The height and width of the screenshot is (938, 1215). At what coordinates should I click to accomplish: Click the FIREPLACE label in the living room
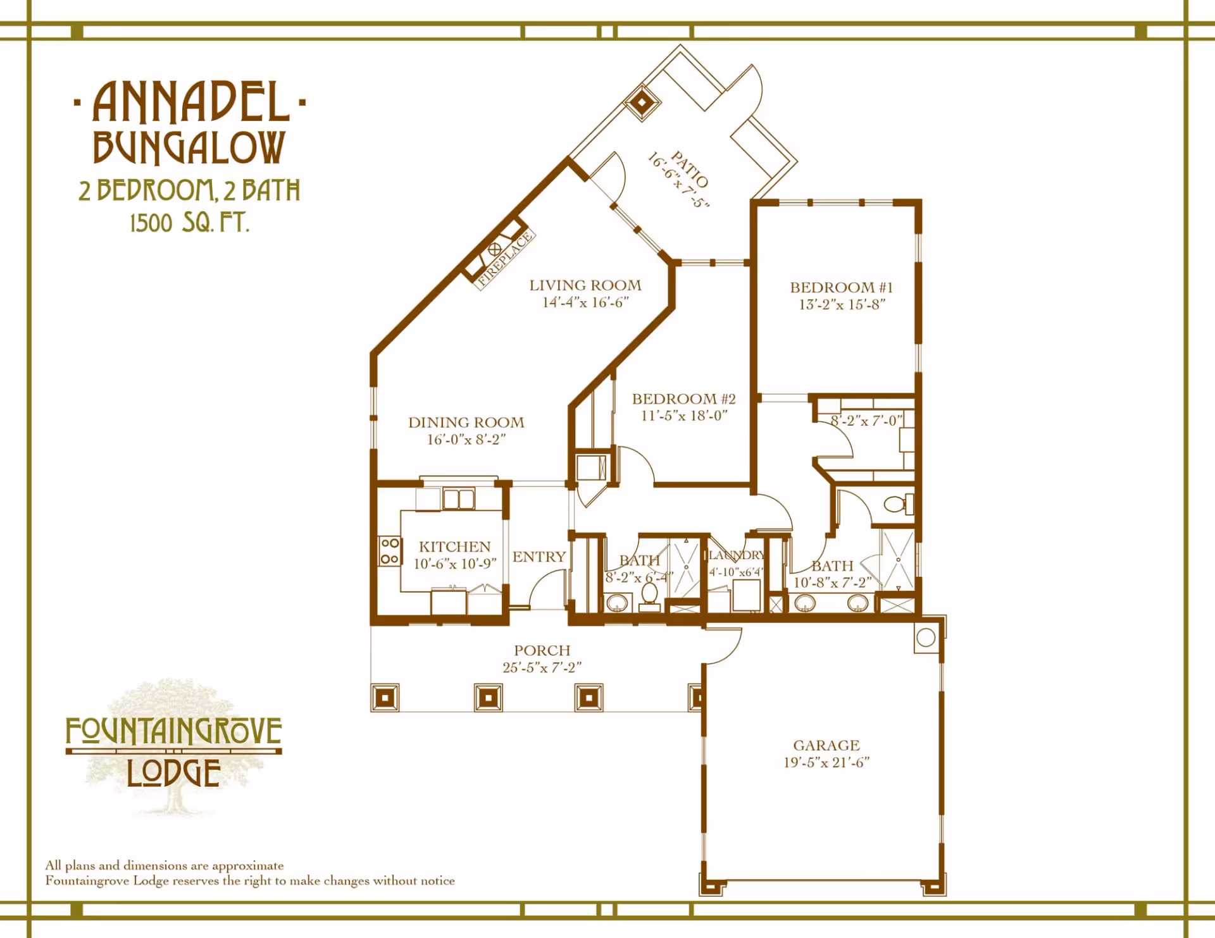505,260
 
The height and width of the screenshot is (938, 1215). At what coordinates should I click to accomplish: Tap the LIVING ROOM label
585,286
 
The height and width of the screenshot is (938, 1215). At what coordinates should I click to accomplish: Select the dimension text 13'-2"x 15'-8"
842,304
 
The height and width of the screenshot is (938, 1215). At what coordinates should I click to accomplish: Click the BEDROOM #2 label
683,399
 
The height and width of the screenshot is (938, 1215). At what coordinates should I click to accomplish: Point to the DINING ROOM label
466,423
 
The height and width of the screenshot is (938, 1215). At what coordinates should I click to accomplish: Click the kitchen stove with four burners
390,552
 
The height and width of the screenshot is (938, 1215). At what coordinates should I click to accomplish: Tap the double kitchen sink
459,499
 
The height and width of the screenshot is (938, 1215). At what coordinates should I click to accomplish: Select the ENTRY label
539,557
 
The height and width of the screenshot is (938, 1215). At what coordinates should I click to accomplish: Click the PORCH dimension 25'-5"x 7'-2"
542,667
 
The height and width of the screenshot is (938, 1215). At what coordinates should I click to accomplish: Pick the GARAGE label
826,746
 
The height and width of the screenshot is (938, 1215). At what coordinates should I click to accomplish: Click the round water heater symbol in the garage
926,638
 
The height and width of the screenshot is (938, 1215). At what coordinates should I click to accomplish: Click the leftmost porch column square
385,698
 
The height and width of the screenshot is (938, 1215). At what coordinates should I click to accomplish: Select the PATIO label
690,169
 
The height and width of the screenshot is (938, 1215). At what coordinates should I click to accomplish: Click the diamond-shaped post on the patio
642,102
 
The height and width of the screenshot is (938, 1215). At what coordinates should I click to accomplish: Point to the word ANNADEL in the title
191,102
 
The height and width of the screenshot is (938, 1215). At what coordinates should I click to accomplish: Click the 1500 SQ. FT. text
189,223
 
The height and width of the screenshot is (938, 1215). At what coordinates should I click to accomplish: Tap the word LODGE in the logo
173,773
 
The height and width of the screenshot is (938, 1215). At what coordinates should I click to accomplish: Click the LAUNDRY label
737,555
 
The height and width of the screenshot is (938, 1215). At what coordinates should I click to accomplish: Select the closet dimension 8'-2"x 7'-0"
866,421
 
